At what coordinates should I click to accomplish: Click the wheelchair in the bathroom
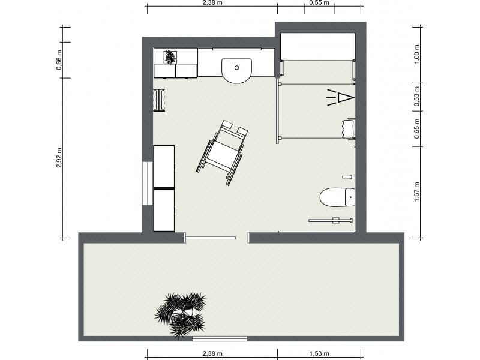click(222, 152)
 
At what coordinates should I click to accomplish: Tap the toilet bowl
click(335, 197)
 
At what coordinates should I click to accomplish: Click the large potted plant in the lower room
click(181, 313)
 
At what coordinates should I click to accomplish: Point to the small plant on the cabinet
click(170, 57)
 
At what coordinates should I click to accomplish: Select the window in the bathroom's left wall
click(146, 183)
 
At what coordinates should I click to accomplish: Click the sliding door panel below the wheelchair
click(210, 238)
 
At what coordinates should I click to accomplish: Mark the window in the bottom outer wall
click(220, 339)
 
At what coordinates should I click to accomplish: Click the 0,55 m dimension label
click(319, 3)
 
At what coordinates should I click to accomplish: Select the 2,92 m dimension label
click(59, 157)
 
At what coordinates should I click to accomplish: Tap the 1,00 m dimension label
click(416, 55)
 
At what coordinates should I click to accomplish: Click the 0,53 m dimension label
click(416, 97)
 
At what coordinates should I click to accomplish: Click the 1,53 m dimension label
click(319, 353)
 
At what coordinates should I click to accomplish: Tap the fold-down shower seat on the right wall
click(349, 129)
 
